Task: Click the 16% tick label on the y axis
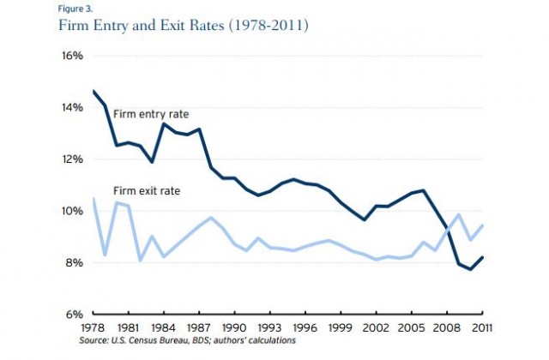(x=70, y=56)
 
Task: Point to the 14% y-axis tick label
(x=70, y=107)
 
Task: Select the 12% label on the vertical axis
(x=70, y=159)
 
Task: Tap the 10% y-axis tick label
(x=70, y=211)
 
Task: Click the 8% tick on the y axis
(x=73, y=262)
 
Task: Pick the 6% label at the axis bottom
(x=73, y=314)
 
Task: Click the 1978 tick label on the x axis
(x=93, y=329)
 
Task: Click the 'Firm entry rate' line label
(x=151, y=113)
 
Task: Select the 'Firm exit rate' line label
(x=146, y=189)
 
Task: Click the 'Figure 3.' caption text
(x=75, y=8)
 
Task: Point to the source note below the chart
(x=189, y=341)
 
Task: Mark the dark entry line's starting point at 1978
(x=93, y=91)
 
